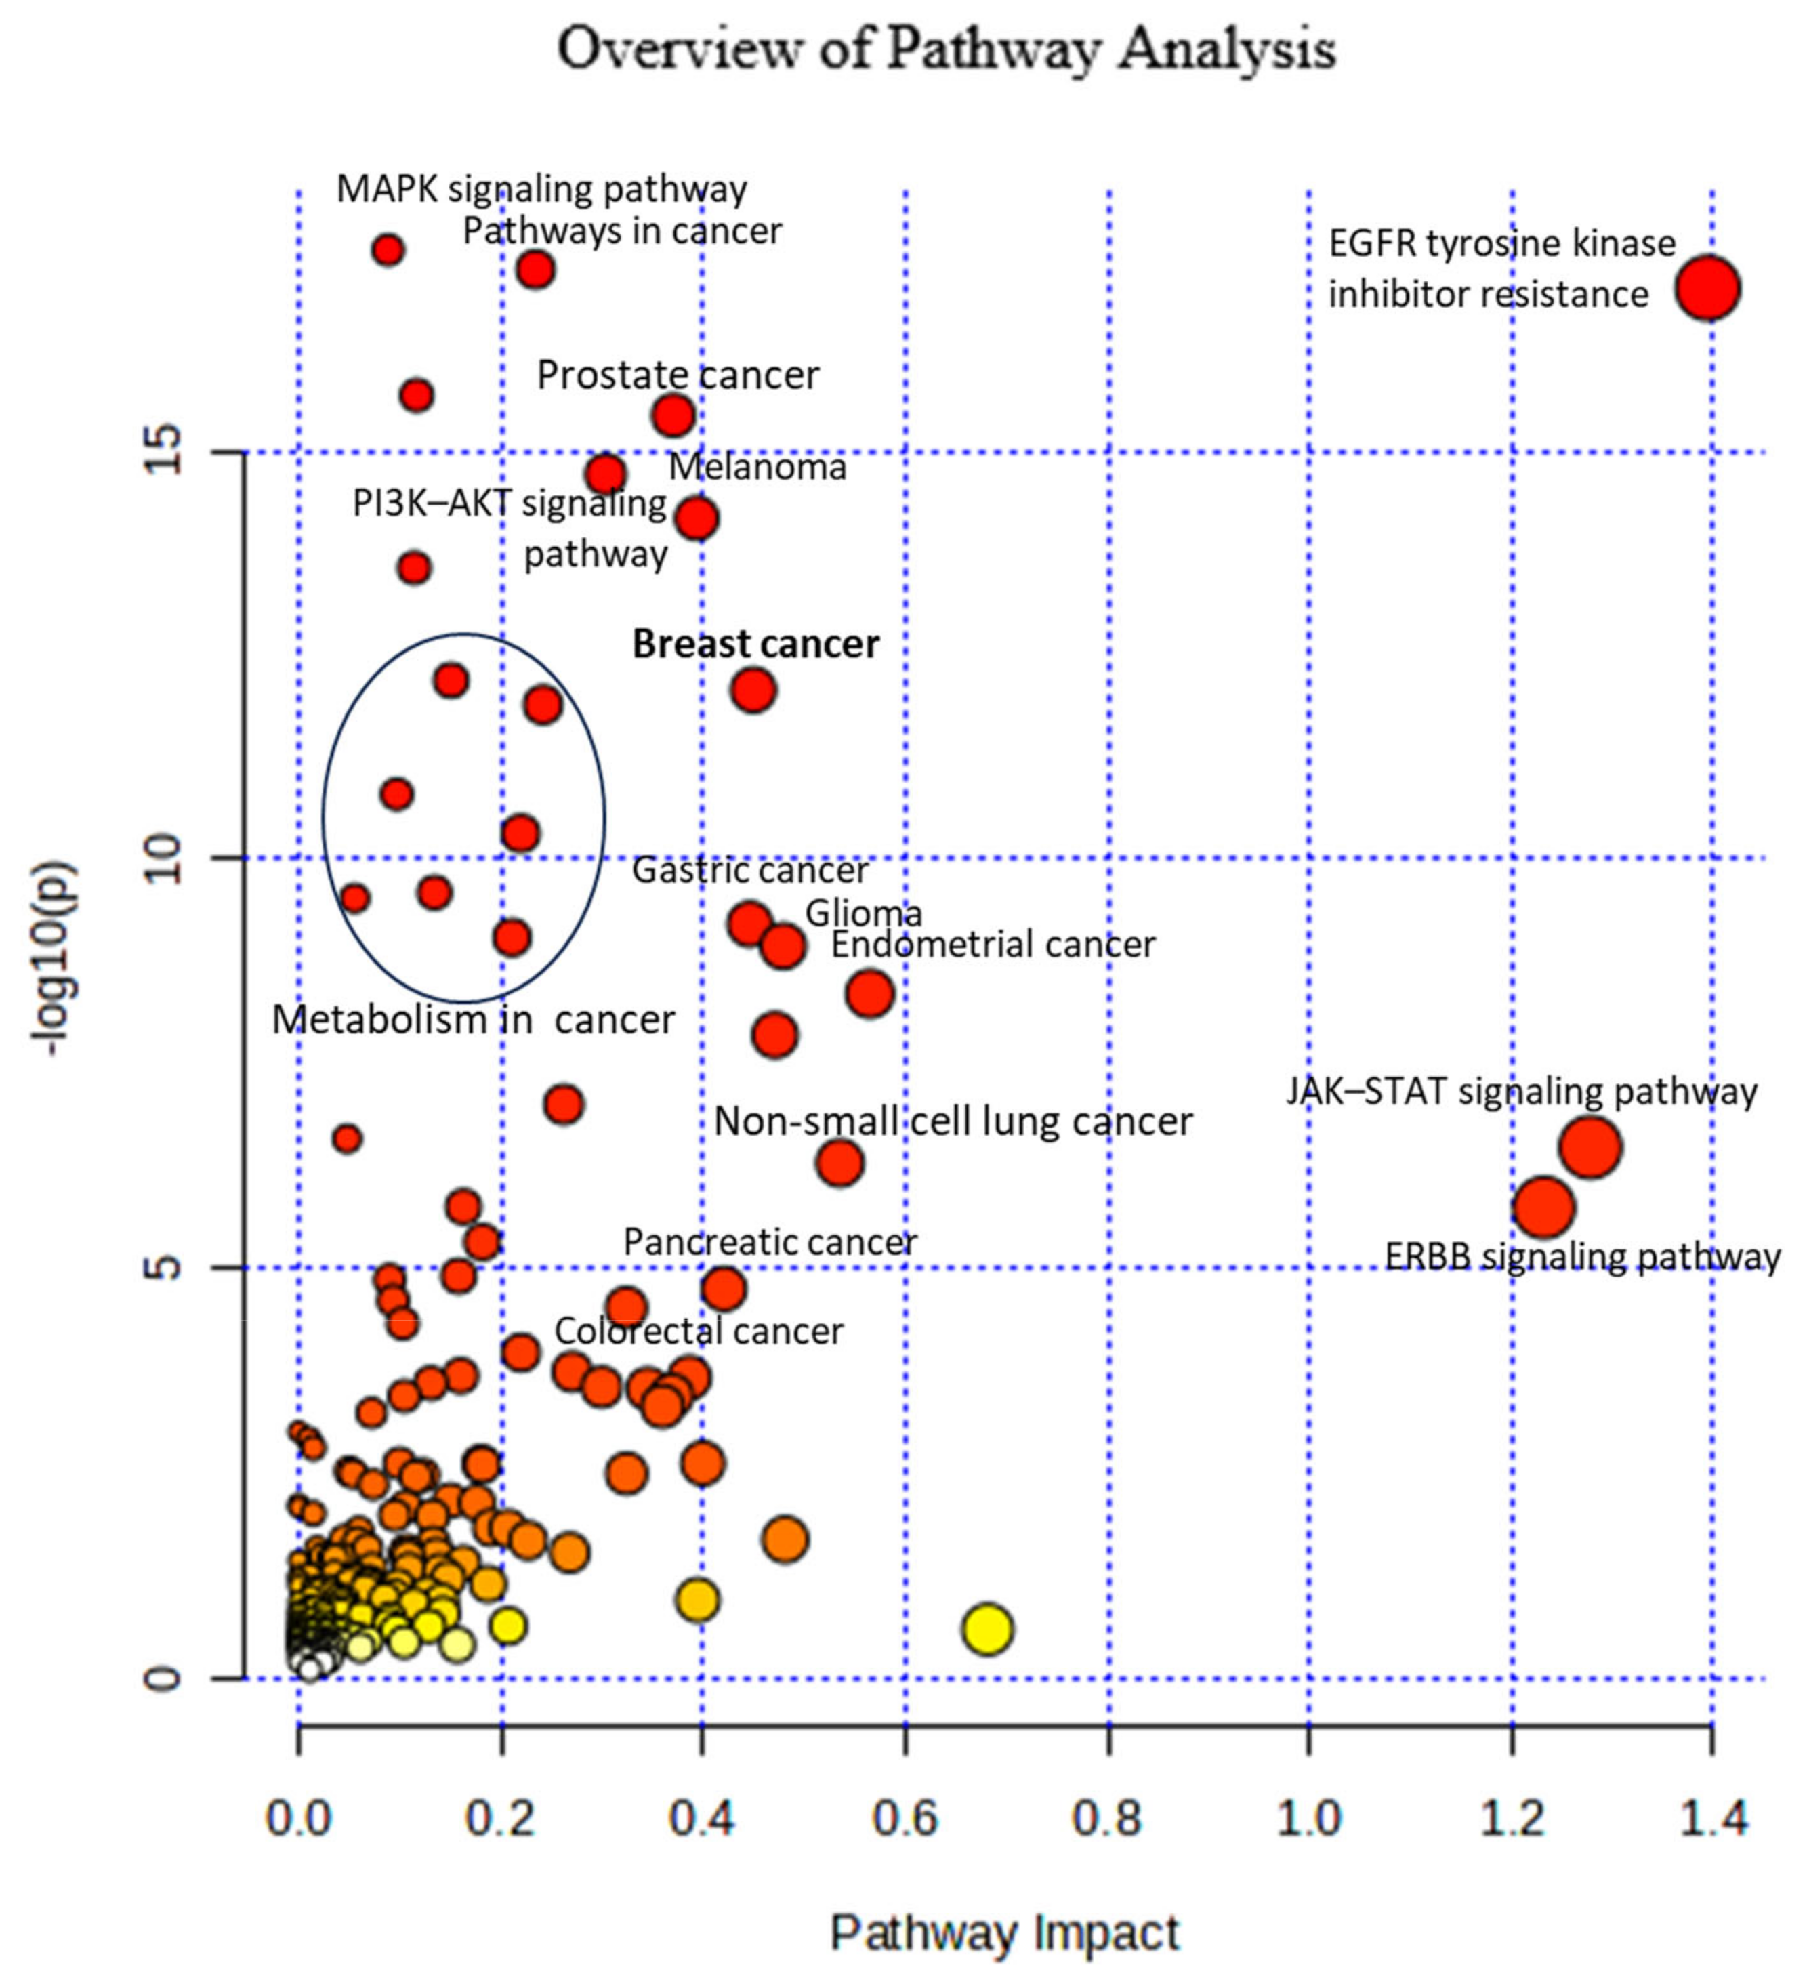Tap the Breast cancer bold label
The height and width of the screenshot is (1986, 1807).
(755, 643)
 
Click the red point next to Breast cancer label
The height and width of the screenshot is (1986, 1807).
(753, 690)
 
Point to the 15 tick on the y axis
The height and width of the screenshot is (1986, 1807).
(165, 451)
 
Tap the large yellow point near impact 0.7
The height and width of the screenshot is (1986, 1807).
(987, 1628)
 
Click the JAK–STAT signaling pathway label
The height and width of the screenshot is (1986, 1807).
(1521, 1092)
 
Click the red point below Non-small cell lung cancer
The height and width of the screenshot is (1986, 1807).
(839, 1163)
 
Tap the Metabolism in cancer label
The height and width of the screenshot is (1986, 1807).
(473, 1018)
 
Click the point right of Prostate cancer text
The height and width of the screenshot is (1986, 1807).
(673, 415)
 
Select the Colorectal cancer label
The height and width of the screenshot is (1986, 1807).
(699, 1331)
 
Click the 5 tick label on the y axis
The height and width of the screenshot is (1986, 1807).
(165, 1266)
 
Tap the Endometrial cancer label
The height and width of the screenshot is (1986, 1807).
(992, 944)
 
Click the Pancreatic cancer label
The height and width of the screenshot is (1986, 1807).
(770, 1241)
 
